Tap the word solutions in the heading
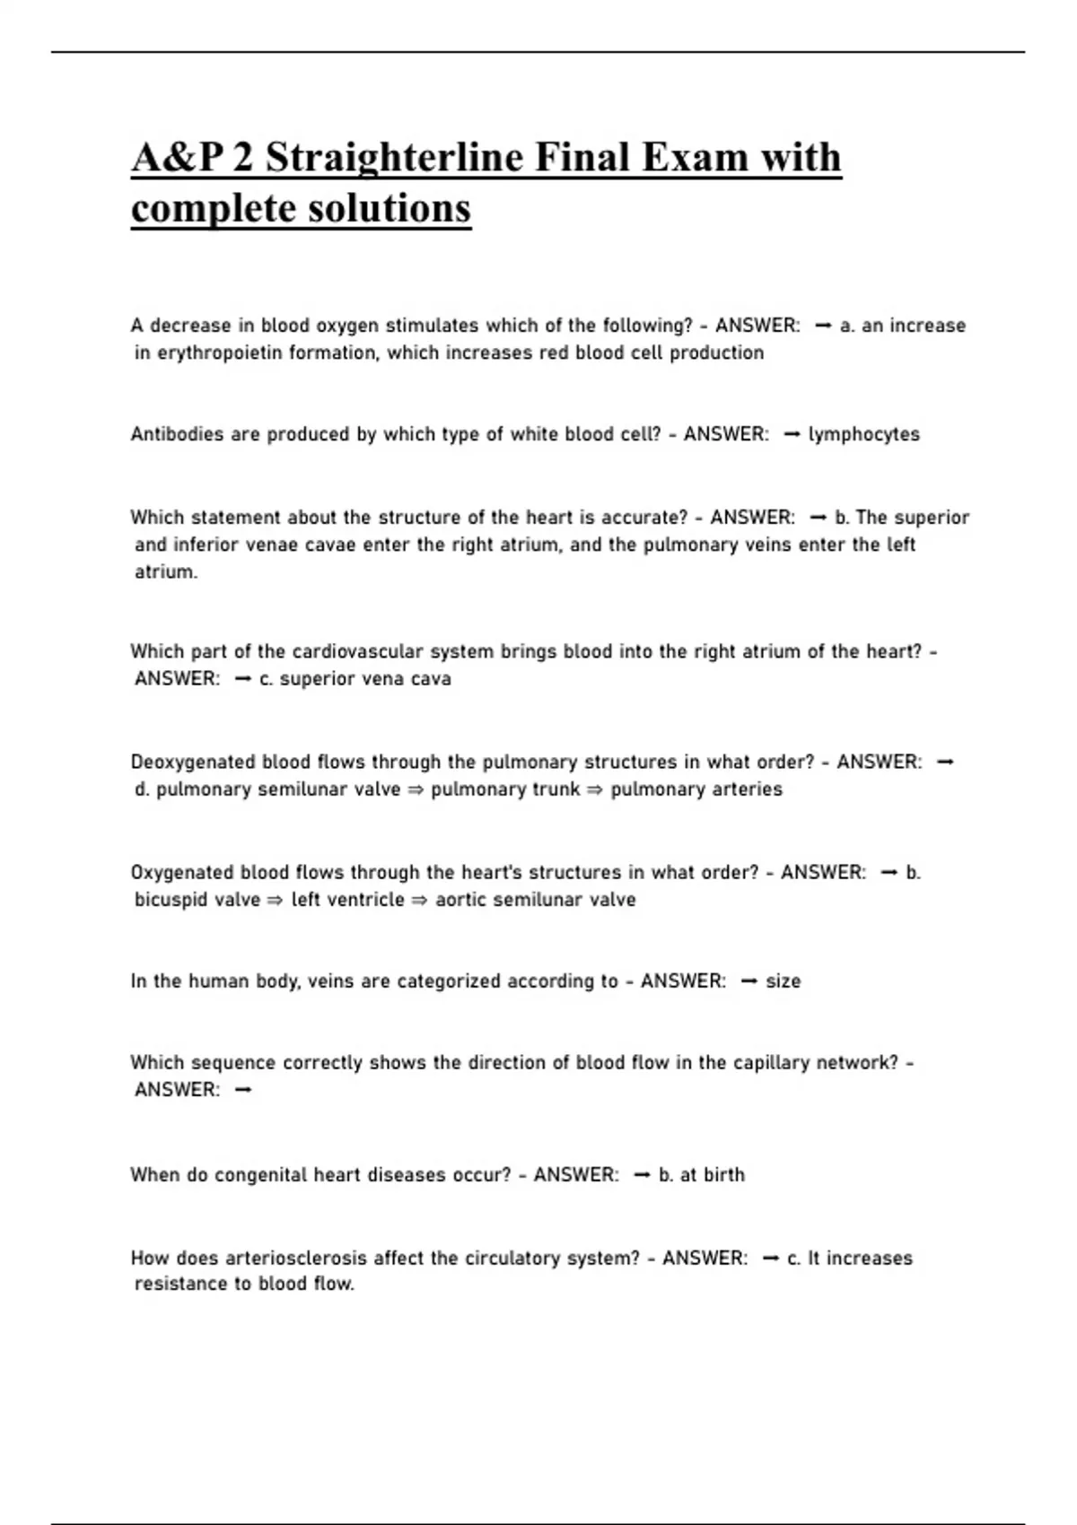[389, 209]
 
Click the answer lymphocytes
[864, 435]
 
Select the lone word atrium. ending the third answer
[166, 572]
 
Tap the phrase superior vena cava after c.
[365, 680]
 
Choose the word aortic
[461, 900]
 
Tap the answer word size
[783, 981]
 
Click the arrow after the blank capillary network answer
[242, 1091]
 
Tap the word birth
[723, 1175]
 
